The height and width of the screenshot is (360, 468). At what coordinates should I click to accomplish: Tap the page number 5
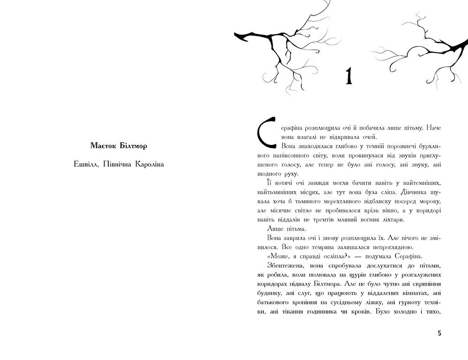coord(439,334)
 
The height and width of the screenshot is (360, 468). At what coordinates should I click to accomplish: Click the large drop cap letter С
coord(266,135)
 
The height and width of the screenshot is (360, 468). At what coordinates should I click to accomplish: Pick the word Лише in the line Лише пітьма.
coord(273,228)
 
